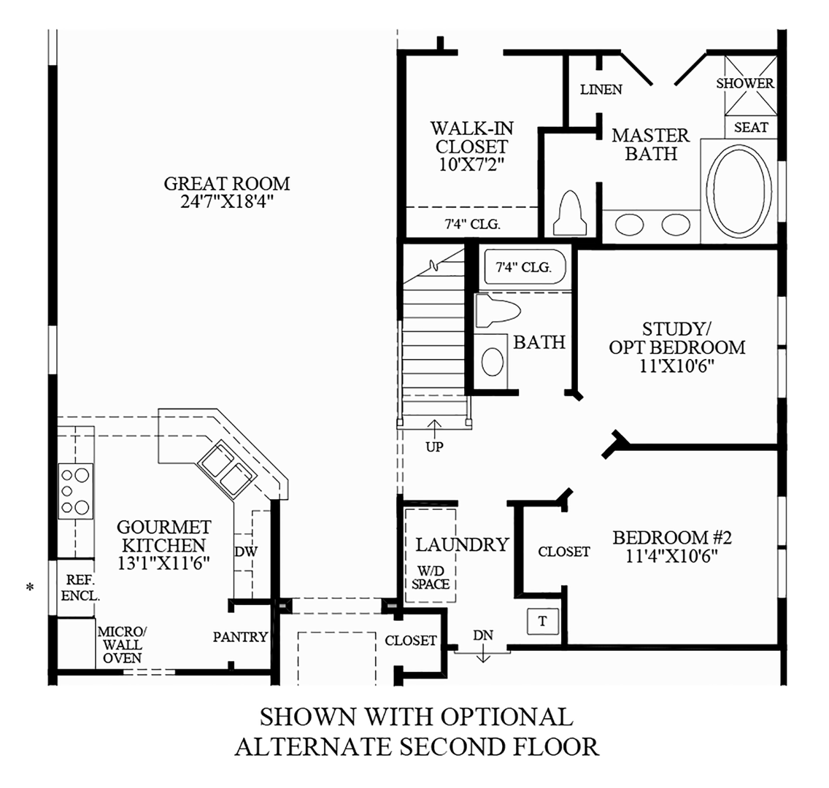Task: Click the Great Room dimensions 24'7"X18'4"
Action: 226,201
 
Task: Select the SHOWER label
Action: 744,83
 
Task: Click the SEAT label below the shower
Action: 751,127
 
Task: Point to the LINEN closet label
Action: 601,90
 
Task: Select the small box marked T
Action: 542,621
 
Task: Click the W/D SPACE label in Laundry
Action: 431,577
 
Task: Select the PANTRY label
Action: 240,637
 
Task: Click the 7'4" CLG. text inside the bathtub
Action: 523,267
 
